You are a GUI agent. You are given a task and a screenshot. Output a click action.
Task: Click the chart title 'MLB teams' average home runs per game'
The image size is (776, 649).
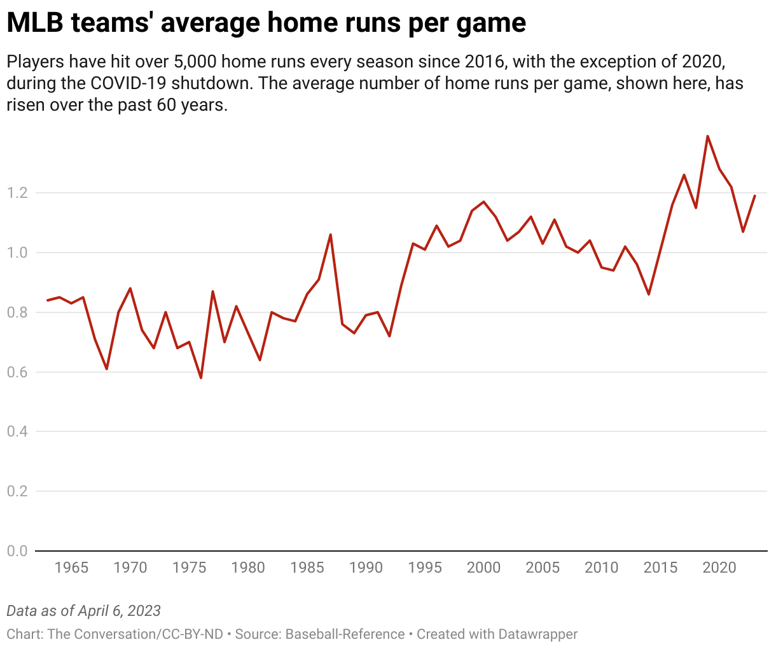pyautogui.click(x=266, y=23)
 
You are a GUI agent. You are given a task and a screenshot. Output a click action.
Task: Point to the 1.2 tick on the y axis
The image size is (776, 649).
pyautogui.click(x=17, y=193)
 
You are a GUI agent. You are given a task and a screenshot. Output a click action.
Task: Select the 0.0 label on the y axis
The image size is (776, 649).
pyautogui.click(x=17, y=551)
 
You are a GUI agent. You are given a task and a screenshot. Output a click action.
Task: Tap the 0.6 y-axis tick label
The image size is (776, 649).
pyautogui.click(x=17, y=372)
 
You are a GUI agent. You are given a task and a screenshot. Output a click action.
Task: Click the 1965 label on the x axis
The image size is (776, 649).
pyautogui.click(x=71, y=567)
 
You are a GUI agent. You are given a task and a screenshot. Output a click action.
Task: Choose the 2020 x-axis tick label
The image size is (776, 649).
pyautogui.click(x=719, y=567)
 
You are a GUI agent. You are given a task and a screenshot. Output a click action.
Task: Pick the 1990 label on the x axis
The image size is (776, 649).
pyautogui.click(x=366, y=567)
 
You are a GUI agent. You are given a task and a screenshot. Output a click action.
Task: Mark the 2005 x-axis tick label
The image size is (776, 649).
pyautogui.click(x=543, y=567)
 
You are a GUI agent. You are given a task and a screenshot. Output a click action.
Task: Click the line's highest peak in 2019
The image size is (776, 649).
pyautogui.click(x=707, y=136)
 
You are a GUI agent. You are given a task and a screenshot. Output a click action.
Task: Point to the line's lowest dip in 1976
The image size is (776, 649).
pyautogui.click(x=201, y=378)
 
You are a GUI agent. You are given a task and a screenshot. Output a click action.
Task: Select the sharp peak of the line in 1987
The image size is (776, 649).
pyautogui.click(x=331, y=234)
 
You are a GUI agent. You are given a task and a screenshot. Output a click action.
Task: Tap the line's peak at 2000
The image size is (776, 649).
pyautogui.click(x=484, y=202)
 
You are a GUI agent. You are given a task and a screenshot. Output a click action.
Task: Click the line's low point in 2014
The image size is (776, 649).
pyautogui.click(x=649, y=294)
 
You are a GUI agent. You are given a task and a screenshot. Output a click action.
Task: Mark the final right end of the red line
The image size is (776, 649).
pyautogui.click(x=755, y=196)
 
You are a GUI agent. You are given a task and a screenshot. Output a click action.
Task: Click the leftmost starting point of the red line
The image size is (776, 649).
pyautogui.click(x=48, y=300)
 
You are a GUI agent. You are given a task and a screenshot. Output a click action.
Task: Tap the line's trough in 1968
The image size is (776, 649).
pyautogui.click(x=107, y=369)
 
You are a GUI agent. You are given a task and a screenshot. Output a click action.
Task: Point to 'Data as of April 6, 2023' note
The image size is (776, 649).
pyautogui.click(x=83, y=611)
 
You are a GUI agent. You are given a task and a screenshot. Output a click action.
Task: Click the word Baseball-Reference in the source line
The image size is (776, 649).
pyautogui.click(x=345, y=634)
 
